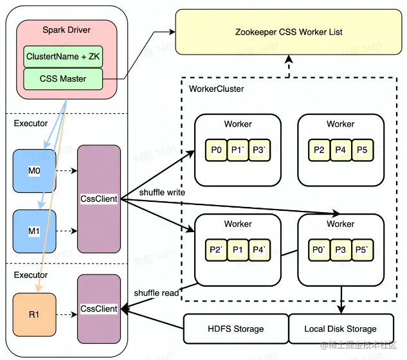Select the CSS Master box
point(64,79)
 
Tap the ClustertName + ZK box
point(64,57)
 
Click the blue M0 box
point(34,172)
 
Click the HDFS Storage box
point(235,328)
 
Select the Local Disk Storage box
point(340,328)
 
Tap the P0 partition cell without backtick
point(216,150)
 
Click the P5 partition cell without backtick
point(361,150)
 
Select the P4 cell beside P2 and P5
point(340,150)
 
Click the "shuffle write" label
point(162,192)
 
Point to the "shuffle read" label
point(156,293)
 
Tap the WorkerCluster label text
point(217,89)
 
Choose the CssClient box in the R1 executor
point(98,309)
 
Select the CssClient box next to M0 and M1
point(98,199)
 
